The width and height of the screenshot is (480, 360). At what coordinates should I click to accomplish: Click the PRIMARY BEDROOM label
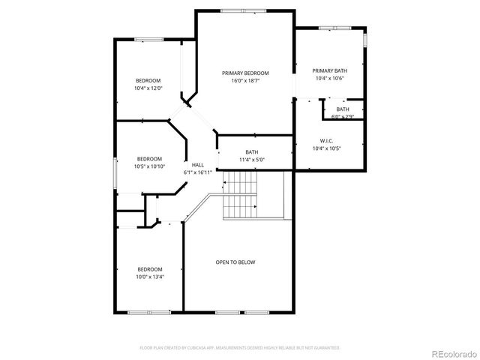(245, 73)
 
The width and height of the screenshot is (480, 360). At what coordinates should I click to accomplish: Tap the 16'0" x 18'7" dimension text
(245, 81)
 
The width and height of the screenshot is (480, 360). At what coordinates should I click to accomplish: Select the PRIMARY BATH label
(330, 70)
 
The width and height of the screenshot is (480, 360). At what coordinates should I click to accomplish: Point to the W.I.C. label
(327, 140)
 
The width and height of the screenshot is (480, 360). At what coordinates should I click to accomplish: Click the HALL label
(197, 165)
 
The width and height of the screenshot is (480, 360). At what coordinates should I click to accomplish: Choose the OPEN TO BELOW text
(235, 262)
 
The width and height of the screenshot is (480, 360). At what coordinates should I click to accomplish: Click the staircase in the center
(241, 193)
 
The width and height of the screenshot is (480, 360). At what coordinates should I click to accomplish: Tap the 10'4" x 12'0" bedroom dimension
(148, 88)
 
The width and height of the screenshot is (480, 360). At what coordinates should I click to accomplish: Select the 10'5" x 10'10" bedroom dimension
(151, 166)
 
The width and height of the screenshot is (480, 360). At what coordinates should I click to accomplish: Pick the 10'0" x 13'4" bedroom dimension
(149, 277)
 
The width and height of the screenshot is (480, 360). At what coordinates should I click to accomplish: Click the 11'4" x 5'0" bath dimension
(251, 160)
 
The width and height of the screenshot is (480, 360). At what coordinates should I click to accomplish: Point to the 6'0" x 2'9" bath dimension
(343, 117)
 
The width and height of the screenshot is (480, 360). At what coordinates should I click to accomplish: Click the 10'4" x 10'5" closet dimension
(327, 148)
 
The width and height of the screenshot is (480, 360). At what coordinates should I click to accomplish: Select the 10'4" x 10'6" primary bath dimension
(329, 79)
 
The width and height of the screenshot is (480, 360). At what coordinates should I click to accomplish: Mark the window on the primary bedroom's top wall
(242, 10)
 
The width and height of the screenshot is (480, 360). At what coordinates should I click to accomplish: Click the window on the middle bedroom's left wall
(115, 174)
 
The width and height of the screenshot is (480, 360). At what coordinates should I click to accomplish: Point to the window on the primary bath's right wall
(365, 38)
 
